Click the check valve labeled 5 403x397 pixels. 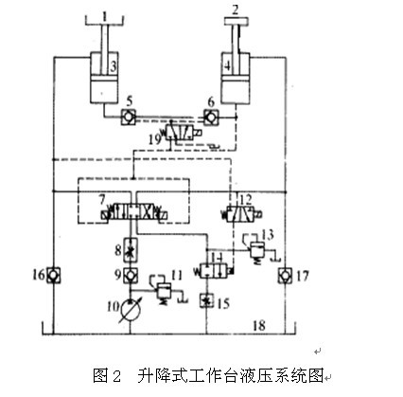(129, 117)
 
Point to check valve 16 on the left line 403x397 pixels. (54, 275)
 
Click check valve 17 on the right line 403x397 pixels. (286, 276)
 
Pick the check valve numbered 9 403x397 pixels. (131, 275)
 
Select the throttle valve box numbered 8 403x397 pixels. (131, 250)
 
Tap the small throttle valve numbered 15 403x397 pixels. (207, 300)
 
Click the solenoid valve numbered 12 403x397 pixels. (242, 214)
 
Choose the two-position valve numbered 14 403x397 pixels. (215, 271)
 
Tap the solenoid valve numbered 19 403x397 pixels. (182, 133)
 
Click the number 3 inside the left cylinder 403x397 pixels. (114, 66)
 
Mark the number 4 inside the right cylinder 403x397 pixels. (227, 66)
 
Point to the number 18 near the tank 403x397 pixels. (259, 326)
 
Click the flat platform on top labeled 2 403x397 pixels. (236, 22)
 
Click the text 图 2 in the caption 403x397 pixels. (107, 376)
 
